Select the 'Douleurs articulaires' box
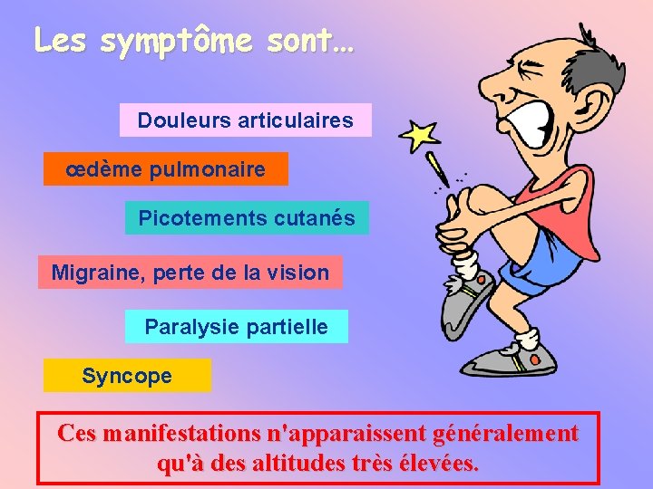tap(245, 120)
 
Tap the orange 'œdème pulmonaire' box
tap(165, 169)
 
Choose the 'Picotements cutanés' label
tap(247, 218)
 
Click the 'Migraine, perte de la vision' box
tap(190, 272)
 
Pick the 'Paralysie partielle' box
tap(236, 326)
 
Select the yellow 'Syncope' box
tap(127, 376)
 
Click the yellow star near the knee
tap(419, 136)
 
